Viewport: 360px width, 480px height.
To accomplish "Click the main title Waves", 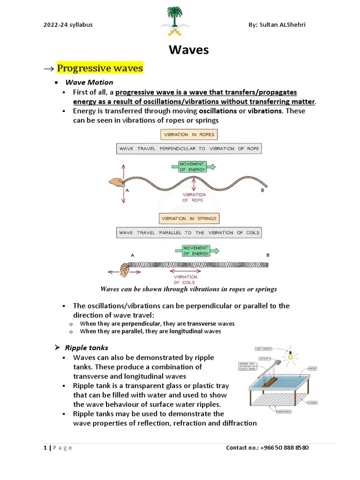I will pyautogui.click(x=188, y=50).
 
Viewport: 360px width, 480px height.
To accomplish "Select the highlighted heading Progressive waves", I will pyautogui.click(x=99, y=68).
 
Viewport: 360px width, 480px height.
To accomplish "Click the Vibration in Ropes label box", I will pyautogui.click(x=189, y=135).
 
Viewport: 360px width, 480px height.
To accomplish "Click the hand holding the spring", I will pyautogui.click(x=125, y=270).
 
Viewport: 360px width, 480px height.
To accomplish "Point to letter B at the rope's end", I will pyautogui.click(x=262, y=191).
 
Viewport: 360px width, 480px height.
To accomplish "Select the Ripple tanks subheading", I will pyautogui.click(x=86, y=347).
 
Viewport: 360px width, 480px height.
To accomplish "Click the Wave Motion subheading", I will pyautogui.click(x=89, y=82).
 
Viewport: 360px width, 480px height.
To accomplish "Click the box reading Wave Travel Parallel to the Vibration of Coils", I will pyautogui.click(x=189, y=232).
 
